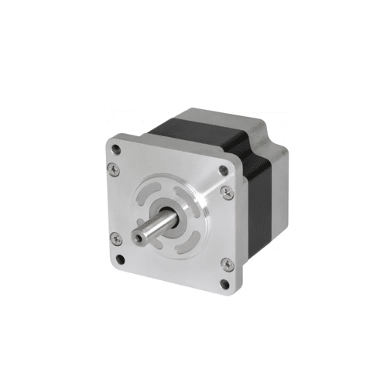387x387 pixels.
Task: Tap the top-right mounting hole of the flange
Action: click(224, 170)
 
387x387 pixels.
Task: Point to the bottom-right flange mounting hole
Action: click(225, 263)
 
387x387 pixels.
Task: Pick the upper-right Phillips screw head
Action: click(225, 190)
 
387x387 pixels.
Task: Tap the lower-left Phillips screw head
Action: click(116, 237)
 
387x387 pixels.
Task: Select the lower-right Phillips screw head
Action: click(225, 244)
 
